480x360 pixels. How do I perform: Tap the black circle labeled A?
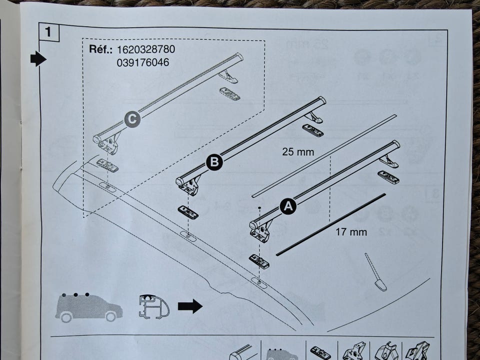(x=287, y=205)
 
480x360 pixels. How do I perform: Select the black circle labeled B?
(x=214, y=161)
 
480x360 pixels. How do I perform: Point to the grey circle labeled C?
(x=132, y=119)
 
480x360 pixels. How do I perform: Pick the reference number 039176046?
(x=143, y=62)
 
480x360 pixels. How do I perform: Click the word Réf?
(x=100, y=50)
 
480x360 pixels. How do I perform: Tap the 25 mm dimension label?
(x=298, y=152)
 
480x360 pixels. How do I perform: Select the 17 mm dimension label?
(x=351, y=232)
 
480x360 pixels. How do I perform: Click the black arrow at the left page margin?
(x=38, y=59)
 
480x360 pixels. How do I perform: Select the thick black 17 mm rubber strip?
(x=330, y=224)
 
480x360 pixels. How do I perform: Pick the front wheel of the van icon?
(x=111, y=316)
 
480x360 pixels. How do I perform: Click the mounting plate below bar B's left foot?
(x=188, y=212)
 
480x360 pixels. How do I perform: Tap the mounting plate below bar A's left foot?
(x=259, y=261)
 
